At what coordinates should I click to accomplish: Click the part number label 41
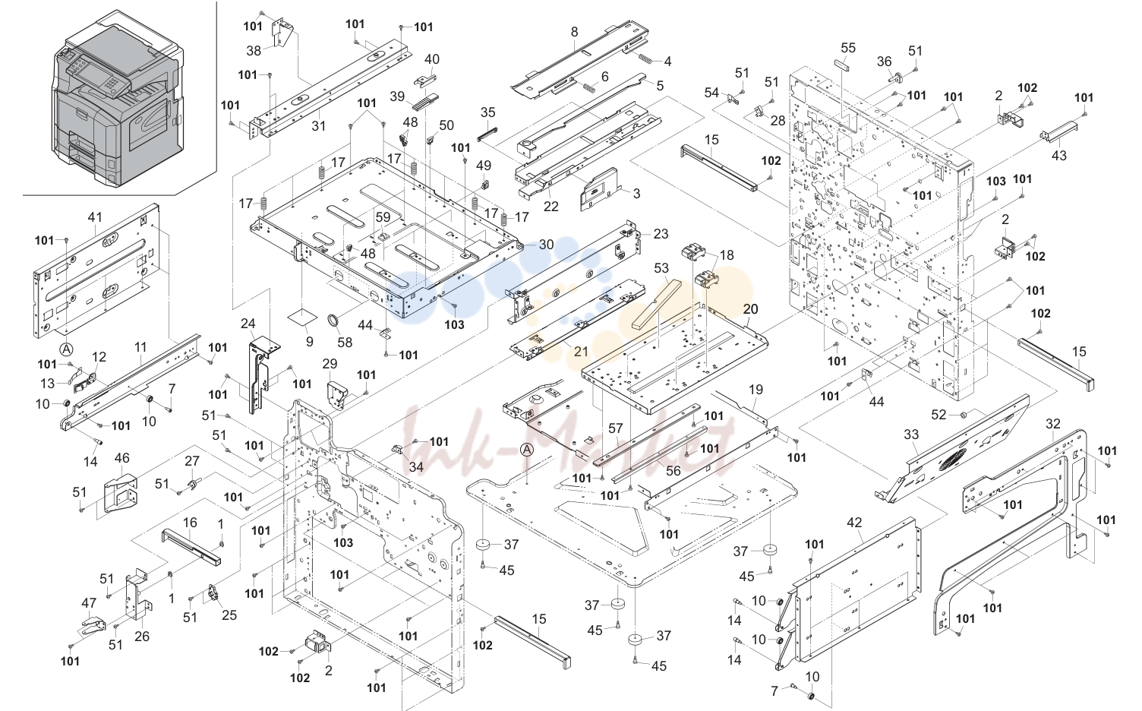(95, 216)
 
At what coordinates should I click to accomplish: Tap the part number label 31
(319, 125)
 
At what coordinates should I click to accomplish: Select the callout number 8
(575, 32)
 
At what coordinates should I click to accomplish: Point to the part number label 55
(848, 47)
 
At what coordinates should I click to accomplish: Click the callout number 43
(1059, 155)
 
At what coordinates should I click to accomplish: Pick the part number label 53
(661, 268)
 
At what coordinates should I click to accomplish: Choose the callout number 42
(854, 523)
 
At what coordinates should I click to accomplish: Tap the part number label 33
(911, 434)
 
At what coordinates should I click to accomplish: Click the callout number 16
(190, 523)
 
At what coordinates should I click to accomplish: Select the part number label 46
(121, 457)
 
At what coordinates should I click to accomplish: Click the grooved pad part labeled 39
(423, 100)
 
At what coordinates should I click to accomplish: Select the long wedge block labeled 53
(656, 305)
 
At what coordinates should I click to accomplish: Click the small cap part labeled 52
(963, 415)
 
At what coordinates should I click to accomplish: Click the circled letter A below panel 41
(66, 349)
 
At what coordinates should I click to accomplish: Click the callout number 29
(330, 364)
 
